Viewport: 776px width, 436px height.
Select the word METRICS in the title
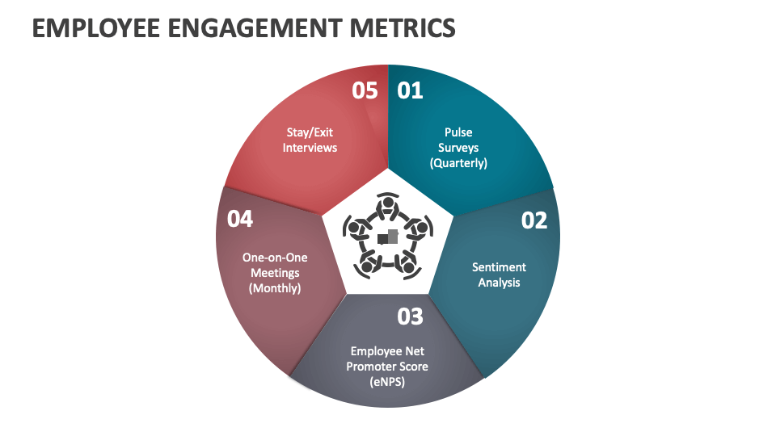[x=407, y=28]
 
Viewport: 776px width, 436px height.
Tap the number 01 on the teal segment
[x=410, y=90]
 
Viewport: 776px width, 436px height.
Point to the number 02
[x=533, y=220]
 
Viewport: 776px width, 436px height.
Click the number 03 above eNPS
[x=410, y=317]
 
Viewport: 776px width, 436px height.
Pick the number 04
[x=240, y=218]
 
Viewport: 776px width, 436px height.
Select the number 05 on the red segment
[x=365, y=90]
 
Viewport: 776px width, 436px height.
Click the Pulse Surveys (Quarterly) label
[x=458, y=147]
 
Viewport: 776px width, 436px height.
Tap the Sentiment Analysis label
[x=499, y=275]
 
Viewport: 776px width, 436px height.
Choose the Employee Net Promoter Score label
[x=388, y=366]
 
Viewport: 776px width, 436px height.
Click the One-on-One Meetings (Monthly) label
[x=275, y=272]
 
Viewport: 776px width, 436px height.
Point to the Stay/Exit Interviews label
[x=310, y=140]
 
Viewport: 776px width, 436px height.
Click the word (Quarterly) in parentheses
[x=458, y=162]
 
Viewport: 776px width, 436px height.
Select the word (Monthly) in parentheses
[x=275, y=287]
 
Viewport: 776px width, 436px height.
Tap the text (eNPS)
[x=388, y=381]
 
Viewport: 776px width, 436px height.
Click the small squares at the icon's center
[x=388, y=237]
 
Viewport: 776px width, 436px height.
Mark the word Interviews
[x=310, y=148]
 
